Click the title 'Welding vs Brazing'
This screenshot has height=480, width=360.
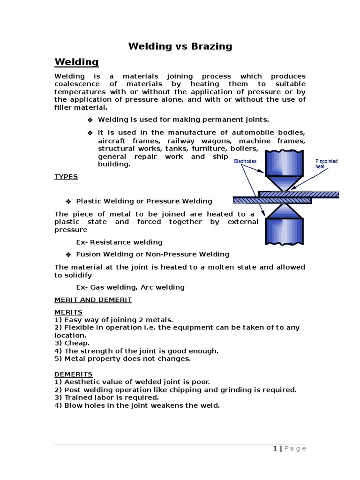pyautogui.click(x=180, y=46)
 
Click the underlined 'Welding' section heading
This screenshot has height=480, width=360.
pyautogui.click(x=76, y=62)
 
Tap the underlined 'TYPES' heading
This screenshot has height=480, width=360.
pyautogui.click(x=66, y=177)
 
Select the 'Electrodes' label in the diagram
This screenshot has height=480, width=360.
pyautogui.click(x=245, y=161)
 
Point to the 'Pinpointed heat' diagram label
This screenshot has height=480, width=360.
pyautogui.click(x=326, y=164)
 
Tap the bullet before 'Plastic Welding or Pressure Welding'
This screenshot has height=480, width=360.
pyautogui.click(x=68, y=201)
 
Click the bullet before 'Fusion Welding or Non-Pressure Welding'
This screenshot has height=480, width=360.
pyautogui.click(x=68, y=255)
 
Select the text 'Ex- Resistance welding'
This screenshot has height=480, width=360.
pyautogui.click(x=119, y=242)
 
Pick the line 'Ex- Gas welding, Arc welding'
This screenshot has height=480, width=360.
pyautogui.click(x=130, y=287)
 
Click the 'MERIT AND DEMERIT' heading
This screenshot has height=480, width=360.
pyautogui.click(x=93, y=300)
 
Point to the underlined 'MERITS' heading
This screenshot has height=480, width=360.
pyautogui.click(x=68, y=312)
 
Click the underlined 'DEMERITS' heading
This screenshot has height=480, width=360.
pyautogui.click(x=74, y=374)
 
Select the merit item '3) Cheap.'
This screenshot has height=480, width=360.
pyautogui.click(x=72, y=343)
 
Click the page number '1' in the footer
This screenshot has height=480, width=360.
pyautogui.click(x=275, y=449)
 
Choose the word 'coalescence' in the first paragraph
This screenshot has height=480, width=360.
pyautogui.click(x=75, y=84)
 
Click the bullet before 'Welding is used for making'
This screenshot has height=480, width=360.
pyautogui.click(x=90, y=120)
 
